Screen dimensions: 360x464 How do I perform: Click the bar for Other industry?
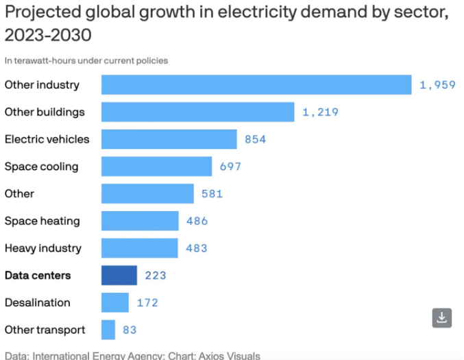tap(256, 85)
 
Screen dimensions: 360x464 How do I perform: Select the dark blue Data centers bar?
tap(119, 276)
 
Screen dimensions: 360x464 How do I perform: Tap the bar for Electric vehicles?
tap(169, 139)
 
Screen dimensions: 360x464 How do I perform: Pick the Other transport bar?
tap(108, 330)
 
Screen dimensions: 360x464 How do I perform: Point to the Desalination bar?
tap(115, 302)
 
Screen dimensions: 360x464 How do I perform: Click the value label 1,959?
tap(437, 85)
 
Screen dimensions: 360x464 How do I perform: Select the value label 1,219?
tap(320, 112)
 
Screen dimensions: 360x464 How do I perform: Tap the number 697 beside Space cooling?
tap(230, 167)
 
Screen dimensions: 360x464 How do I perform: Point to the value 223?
tap(156, 276)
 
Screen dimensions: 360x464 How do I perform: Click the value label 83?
tap(130, 330)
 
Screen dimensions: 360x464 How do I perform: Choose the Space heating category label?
tap(42, 221)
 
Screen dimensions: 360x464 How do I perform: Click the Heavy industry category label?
tap(42, 248)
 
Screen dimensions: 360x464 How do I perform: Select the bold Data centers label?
tap(38, 276)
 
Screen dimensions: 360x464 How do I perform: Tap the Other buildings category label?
tap(45, 112)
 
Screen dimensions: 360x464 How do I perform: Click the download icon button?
tap(442, 317)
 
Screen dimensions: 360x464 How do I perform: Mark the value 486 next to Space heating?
tap(197, 221)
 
